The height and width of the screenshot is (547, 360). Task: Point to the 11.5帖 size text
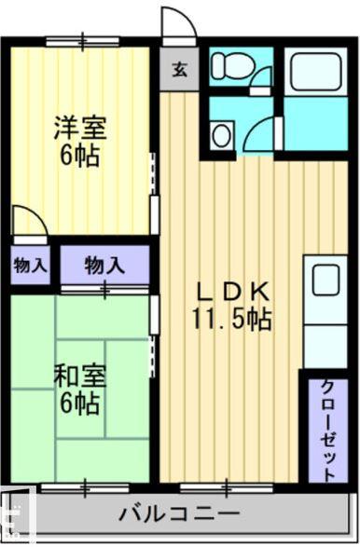coord(231,320)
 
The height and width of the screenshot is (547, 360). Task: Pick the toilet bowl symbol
coord(226,68)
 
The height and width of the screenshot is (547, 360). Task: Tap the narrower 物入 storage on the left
coord(30,265)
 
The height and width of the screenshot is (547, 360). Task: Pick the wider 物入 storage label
coord(104,265)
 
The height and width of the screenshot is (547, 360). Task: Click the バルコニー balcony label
coord(180,513)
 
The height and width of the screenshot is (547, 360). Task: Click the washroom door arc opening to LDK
coord(259,137)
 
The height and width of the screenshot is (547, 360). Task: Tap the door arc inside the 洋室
coord(28,222)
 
